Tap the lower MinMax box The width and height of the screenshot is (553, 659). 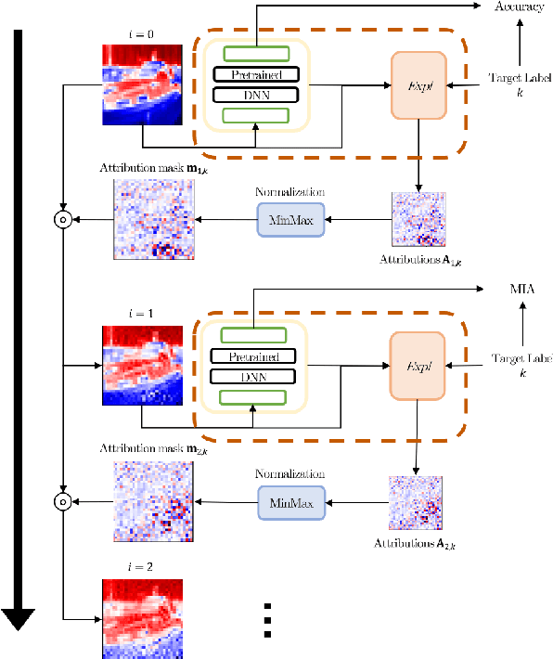(x=291, y=503)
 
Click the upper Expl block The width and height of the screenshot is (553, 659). (x=419, y=84)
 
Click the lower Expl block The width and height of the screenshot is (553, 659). (x=419, y=368)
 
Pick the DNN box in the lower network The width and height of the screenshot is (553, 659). (x=252, y=376)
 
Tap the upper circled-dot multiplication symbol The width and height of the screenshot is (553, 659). (x=63, y=220)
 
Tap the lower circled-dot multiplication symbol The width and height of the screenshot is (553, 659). (x=63, y=504)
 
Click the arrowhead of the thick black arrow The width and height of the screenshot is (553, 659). (x=18, y=620)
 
